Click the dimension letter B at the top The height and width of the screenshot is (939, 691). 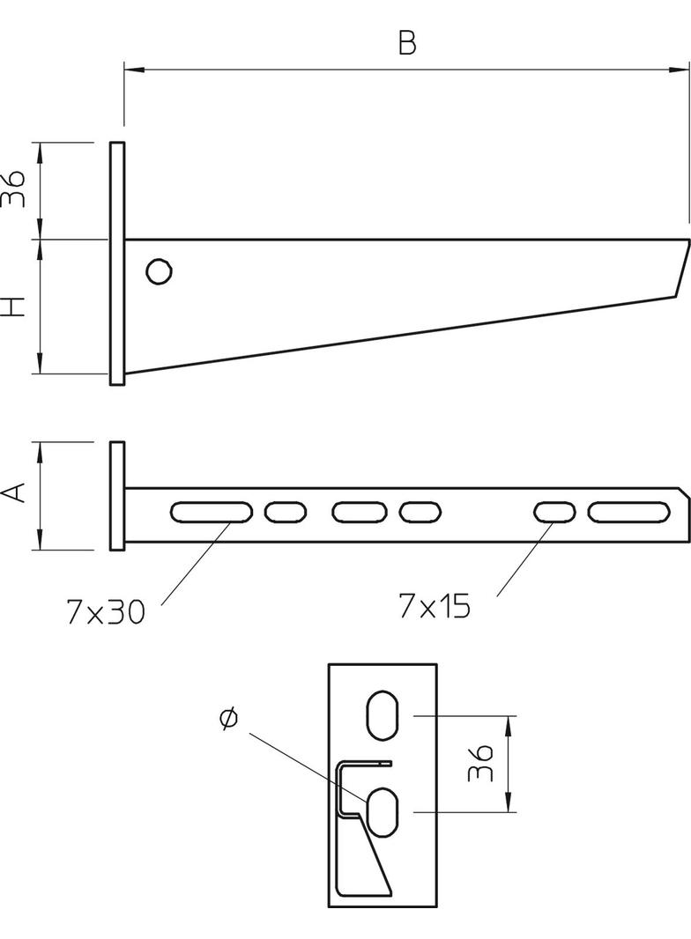406,43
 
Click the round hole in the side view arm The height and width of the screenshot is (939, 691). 160,271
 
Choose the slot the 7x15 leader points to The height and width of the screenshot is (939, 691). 554,512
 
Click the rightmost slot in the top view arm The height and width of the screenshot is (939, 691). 629,512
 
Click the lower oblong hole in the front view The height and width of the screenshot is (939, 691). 383,810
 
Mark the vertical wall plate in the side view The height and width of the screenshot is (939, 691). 117,262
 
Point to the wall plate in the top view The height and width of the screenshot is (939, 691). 116,496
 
